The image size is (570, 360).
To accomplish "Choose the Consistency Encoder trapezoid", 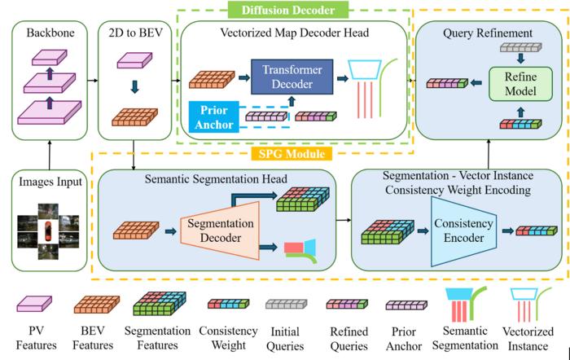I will coord(463,228).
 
